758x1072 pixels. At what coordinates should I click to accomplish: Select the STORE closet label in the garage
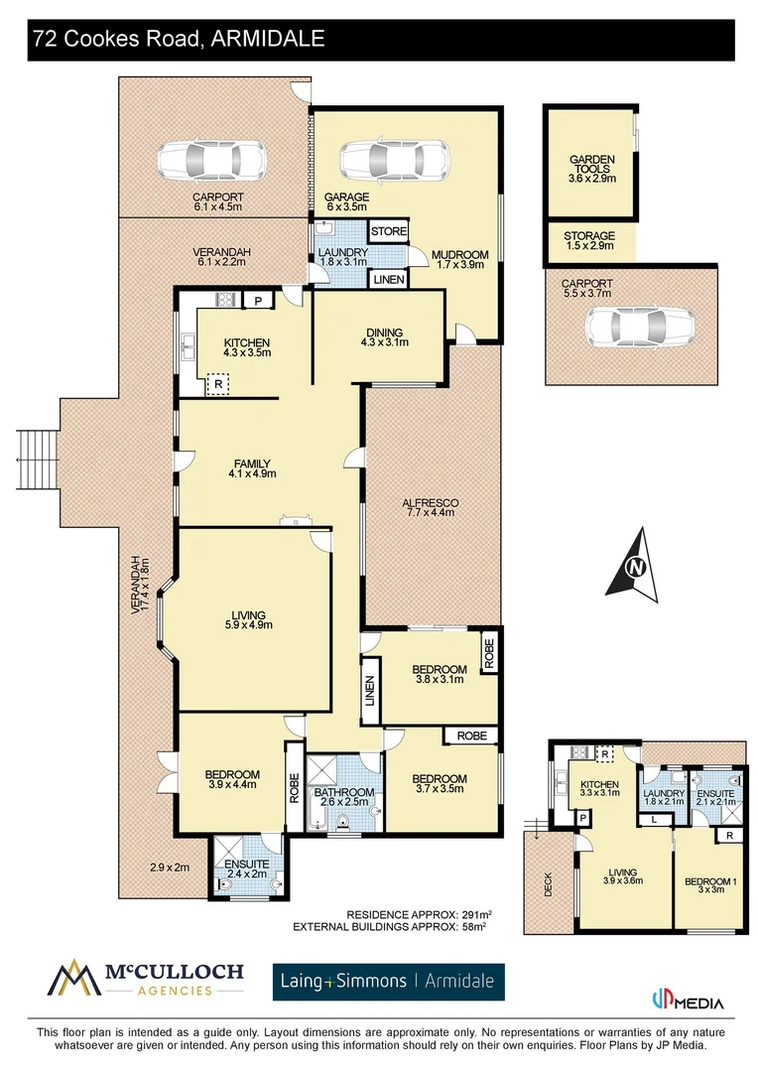click(389, 232)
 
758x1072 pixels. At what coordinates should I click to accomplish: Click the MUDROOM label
click(460, 260)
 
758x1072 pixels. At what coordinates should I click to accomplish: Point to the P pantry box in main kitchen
click(258, 301)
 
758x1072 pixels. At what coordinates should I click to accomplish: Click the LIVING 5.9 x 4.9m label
click(247, 618)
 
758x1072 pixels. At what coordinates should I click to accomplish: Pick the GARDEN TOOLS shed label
click(592, 166)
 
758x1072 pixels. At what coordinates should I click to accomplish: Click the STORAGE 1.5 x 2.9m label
click(590, 241)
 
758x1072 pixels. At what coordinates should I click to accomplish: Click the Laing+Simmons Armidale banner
click(389, 982)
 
